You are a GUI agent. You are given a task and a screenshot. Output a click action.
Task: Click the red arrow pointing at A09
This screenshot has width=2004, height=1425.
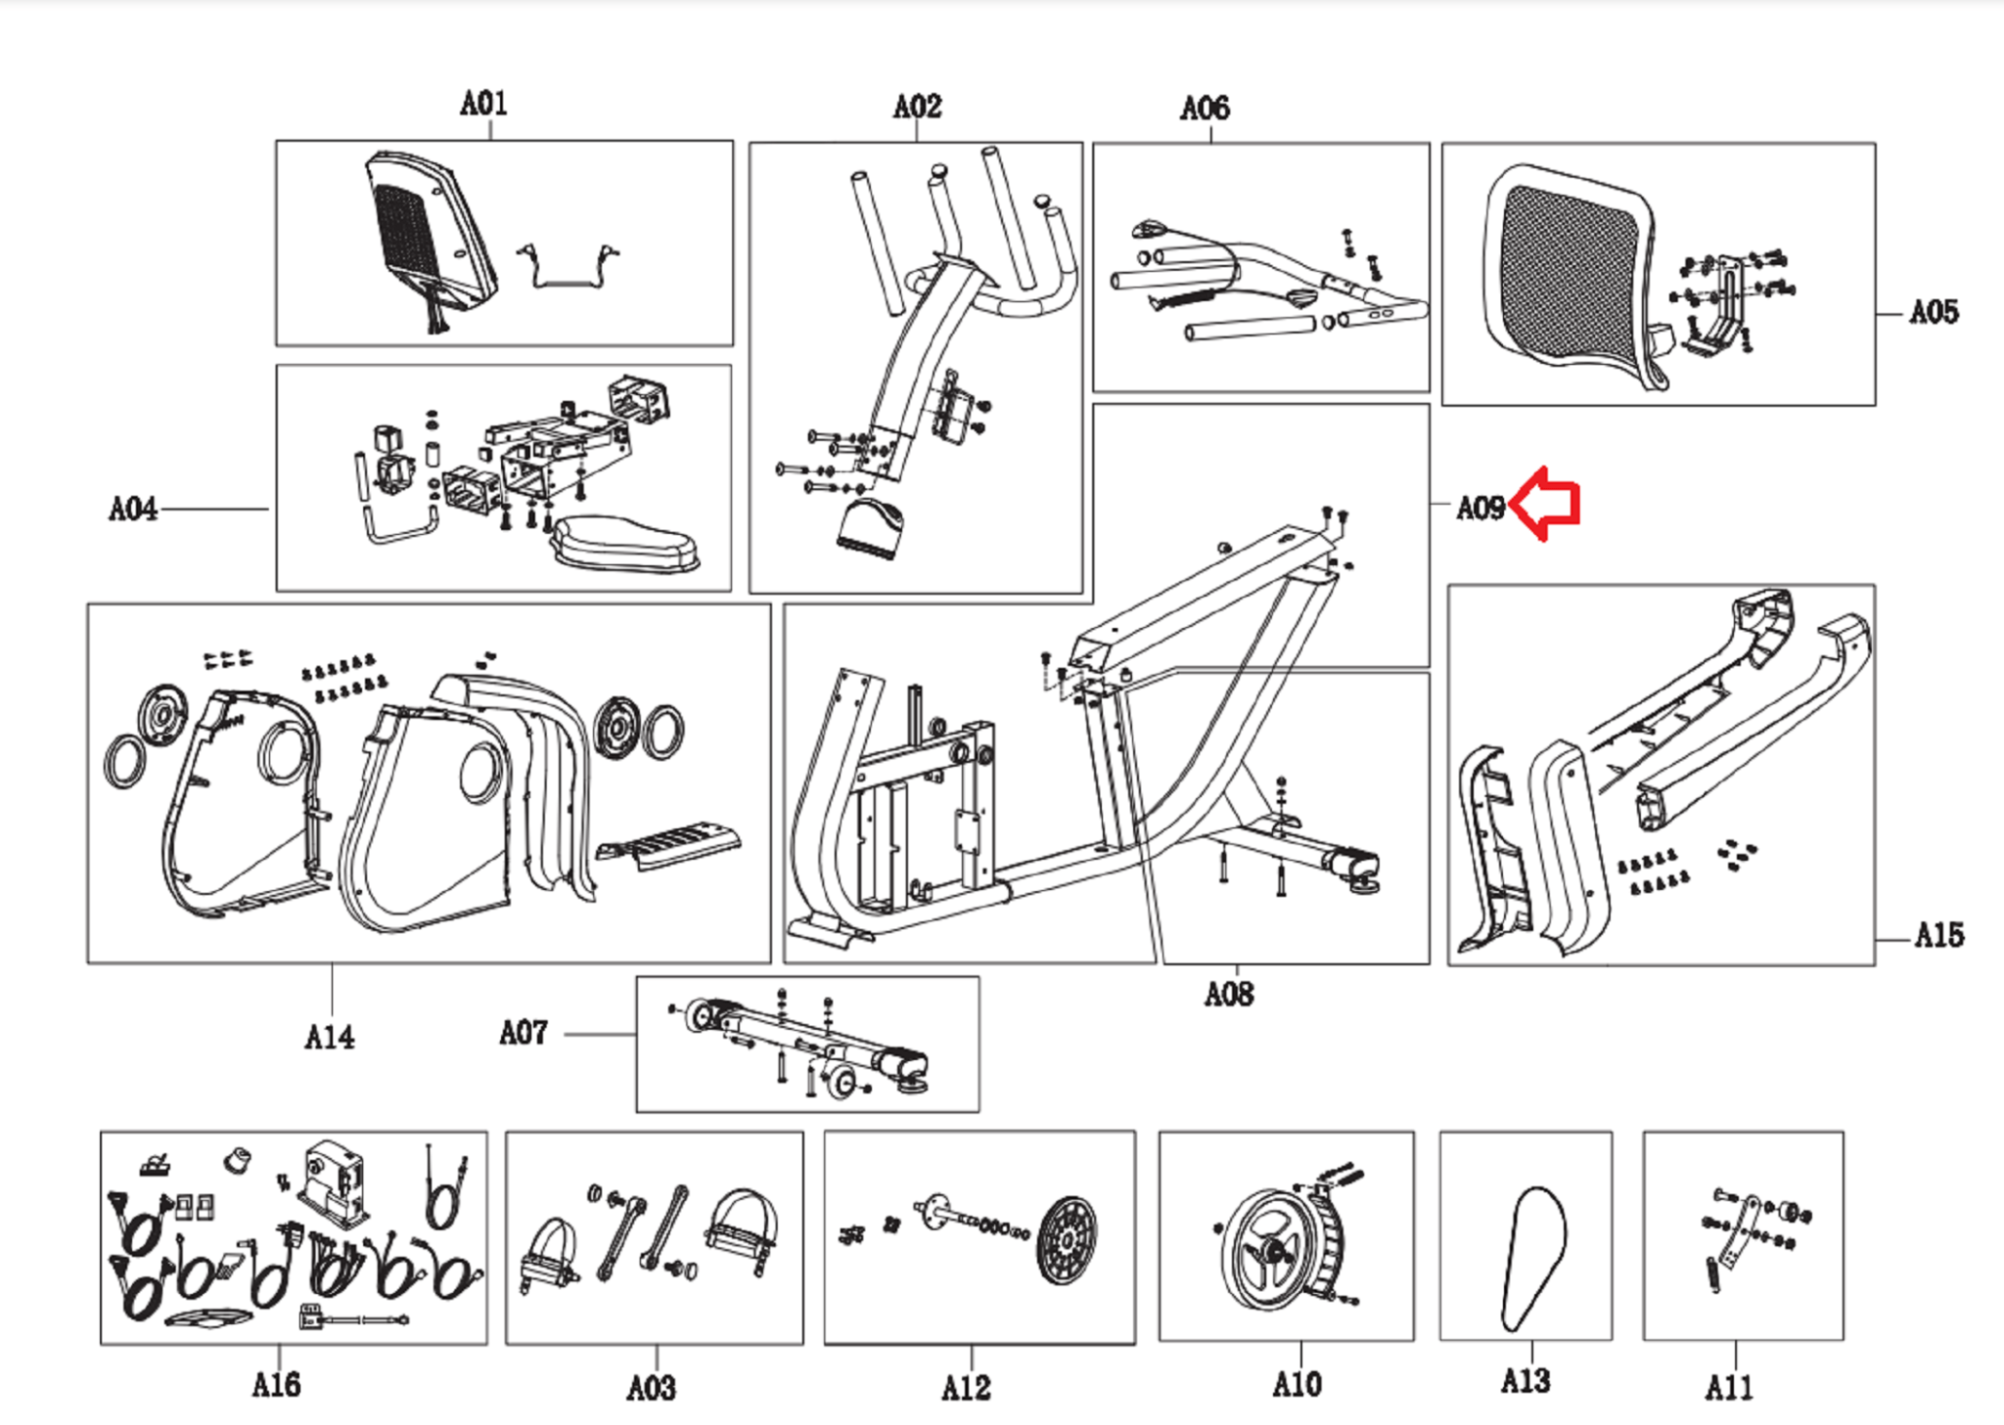pyautogui.click(x=1548, y=503)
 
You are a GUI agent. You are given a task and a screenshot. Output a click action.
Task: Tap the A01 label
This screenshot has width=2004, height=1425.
pyautogui.click(x=483, y=103)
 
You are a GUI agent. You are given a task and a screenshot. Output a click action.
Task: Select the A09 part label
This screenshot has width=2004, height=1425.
pyautogui.click(x=1480, y=508)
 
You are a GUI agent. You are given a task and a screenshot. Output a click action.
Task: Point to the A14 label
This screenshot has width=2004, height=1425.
pyautogui.click(x=330, y=1037)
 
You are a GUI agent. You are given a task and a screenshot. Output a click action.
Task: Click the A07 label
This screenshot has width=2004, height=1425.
pyautogui.click(x=524, y=1032)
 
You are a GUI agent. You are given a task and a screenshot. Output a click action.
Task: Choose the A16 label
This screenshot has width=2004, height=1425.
pyautogui.click(x=277, y=1384)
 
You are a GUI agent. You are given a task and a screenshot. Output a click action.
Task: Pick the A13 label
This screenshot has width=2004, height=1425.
pyautogui.click(x=1526, y=1381)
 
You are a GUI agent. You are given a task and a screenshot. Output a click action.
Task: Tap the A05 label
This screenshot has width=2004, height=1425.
pyautogui.click(x=1934, y=312)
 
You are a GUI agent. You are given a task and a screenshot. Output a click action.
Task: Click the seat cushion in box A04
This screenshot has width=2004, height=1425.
pyautogui.click(x=626, y=544)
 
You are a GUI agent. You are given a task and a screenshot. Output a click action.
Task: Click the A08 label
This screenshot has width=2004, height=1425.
pyautogui.click(x=1229, y=994)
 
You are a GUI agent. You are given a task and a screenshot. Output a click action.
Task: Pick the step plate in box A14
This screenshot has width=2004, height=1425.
pyautogui.click(x=671, y=843)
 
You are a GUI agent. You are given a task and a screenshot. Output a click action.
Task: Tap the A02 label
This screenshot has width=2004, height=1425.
pyautogui.click(x=917, y=106)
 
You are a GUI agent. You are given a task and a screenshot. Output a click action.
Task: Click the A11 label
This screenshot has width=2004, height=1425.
pyautogui.click(x=1729, y=1386)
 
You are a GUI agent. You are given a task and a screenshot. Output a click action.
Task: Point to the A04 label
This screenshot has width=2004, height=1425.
pyautogui.click(x=133, y=509)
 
